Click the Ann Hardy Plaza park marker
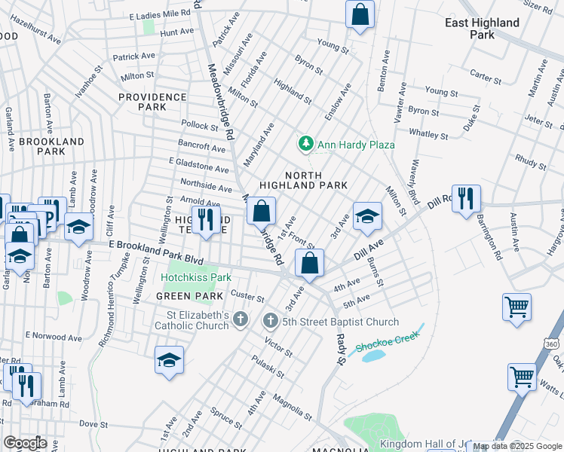coord(305,143)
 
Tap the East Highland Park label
coord(482,29)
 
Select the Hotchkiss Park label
coord(195,277)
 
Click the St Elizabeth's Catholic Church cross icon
coord(241,320)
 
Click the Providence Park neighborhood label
coord(152,102)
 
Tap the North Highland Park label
coord(303,179)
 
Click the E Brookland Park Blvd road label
coord(157,253)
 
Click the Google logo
coord(26,443)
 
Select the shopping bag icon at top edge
coord(360,14)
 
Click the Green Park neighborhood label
coord(179,296)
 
